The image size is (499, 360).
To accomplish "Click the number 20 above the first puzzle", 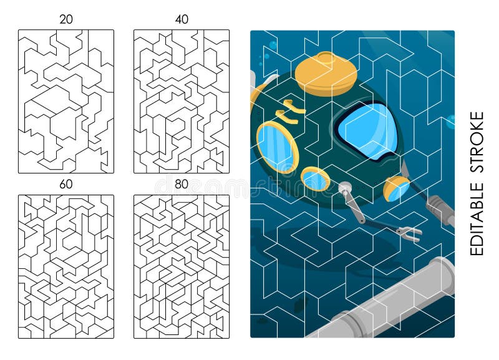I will click(65, 19).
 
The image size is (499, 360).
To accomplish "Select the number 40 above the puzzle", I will click(182, 19).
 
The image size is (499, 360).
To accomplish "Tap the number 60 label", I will click(65, 184).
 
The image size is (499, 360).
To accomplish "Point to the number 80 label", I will click(182, 184).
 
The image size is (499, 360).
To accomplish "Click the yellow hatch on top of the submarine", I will click(326, 73).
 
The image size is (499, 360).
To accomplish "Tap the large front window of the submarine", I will click(368, 130).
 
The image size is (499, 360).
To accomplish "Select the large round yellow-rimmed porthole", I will click(277, 147).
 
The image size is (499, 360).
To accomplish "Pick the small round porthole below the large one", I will click(316, 179).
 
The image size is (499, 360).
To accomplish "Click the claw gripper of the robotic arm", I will click(409, 234).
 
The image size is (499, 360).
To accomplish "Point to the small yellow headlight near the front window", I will click(397, 188).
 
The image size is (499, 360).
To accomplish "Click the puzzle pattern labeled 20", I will click(65, 101).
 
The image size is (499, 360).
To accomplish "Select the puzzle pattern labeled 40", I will click(182, 101).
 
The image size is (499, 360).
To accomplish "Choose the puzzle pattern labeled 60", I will click(65, 266).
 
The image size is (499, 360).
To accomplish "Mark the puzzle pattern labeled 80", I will click(182, 266).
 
